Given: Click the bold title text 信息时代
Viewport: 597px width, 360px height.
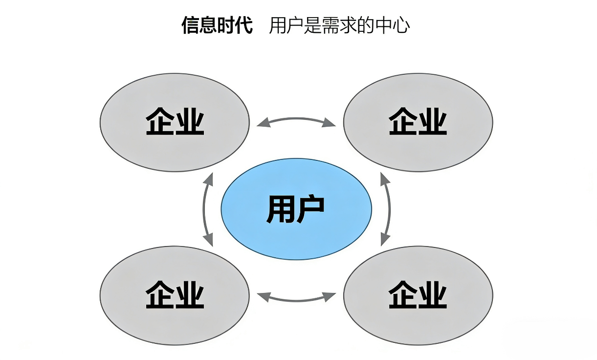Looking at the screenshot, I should [217, 25].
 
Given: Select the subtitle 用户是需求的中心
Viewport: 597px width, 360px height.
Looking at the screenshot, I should [339, 25].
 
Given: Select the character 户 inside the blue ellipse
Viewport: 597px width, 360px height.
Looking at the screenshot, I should [310, 209].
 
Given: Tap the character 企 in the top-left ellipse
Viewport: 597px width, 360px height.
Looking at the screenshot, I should [160, 122].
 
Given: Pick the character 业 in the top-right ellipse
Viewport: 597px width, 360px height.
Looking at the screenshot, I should [433, 122].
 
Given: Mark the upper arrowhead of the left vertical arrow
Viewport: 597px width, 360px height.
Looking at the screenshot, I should [209, 179].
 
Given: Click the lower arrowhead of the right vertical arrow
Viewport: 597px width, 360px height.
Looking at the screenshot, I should [385, 239].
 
